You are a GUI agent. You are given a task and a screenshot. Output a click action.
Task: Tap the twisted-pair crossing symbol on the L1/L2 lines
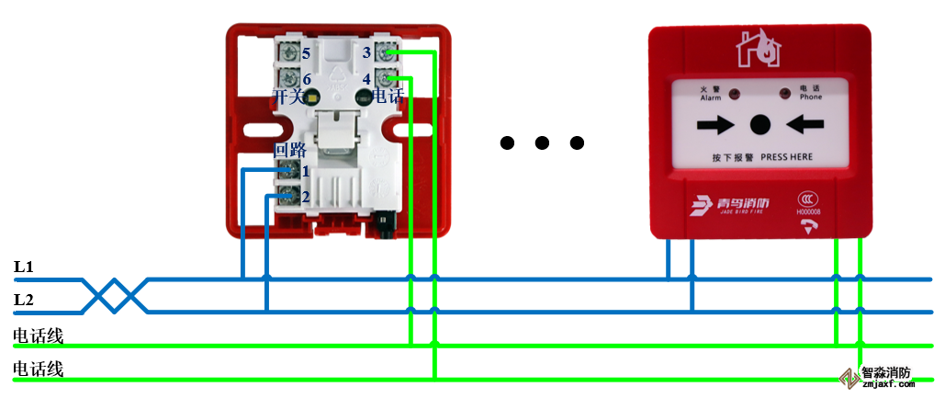[x=116, y=295]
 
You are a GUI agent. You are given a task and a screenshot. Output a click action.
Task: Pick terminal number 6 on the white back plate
[x=306, y=80]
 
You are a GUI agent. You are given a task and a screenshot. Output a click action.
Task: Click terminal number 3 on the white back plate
[x=366, y=52]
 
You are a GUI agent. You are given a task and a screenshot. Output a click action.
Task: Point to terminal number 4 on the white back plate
[x=366, y=79]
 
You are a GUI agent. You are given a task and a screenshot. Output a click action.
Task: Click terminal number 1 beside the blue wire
[x=306, y=170]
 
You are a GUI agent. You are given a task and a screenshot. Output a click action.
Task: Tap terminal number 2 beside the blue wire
[x=306, y=195]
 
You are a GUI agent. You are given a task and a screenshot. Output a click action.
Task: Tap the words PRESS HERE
[x=786, y=157]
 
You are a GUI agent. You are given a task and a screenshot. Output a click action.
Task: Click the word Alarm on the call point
[x=711, y=97]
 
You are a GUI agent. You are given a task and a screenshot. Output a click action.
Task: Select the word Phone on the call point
[x=811, y=97]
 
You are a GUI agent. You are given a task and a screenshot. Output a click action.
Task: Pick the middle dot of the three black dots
[x=542, y=142]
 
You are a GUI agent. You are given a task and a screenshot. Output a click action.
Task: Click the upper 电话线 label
[x=39, y=336]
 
